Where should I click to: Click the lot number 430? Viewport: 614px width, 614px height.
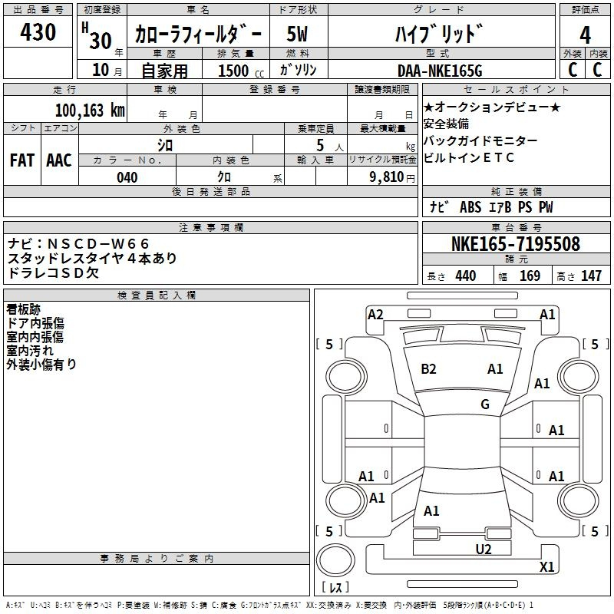38,31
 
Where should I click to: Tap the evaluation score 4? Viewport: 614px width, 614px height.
585,35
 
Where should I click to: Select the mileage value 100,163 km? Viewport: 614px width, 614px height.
90,111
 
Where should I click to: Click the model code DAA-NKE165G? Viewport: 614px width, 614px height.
440,71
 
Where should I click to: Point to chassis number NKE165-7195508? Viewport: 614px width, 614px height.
516,244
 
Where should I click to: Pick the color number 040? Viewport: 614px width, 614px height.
127,177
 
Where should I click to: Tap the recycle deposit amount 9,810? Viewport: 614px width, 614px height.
387,177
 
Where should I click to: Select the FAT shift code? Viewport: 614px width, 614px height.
22,160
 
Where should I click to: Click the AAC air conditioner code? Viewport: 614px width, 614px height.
59,160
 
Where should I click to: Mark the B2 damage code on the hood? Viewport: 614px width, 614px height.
428,369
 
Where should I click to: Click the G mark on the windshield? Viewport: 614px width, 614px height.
485,404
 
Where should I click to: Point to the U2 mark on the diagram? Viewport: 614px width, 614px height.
484,549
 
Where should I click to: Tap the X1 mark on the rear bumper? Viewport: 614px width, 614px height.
546,566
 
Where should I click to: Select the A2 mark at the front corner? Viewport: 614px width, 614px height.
375,315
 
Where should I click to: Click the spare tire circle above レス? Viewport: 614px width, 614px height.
335,560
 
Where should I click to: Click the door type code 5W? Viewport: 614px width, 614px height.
297,34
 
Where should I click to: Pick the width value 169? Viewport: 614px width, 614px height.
530,276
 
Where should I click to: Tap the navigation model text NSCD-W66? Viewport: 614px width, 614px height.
98,244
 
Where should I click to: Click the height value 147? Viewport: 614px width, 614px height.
591,276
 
